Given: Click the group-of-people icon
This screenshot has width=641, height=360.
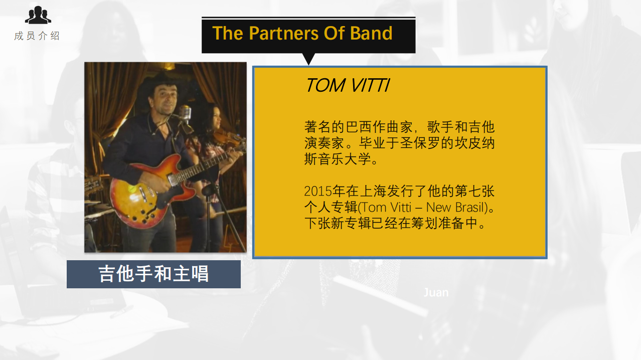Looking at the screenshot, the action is (38, 15).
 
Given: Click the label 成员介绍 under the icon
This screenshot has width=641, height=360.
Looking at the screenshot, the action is (37, 36).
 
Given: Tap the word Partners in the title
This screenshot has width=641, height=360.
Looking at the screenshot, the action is (283, 33).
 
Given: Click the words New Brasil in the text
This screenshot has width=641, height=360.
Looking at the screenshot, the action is (457, 207).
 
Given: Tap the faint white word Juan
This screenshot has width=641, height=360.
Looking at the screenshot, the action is (436, 292).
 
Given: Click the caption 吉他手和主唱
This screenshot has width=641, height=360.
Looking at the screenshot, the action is (153, 274).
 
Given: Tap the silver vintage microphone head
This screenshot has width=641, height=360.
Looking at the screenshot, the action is (185, 112).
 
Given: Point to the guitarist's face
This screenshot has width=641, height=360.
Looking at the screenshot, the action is (165, 100).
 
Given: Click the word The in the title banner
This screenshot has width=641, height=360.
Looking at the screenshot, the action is (228, 33).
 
